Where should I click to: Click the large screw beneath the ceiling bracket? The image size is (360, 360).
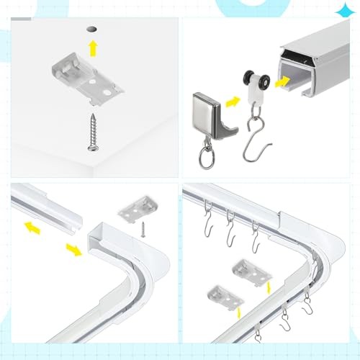tap(94, 132)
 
